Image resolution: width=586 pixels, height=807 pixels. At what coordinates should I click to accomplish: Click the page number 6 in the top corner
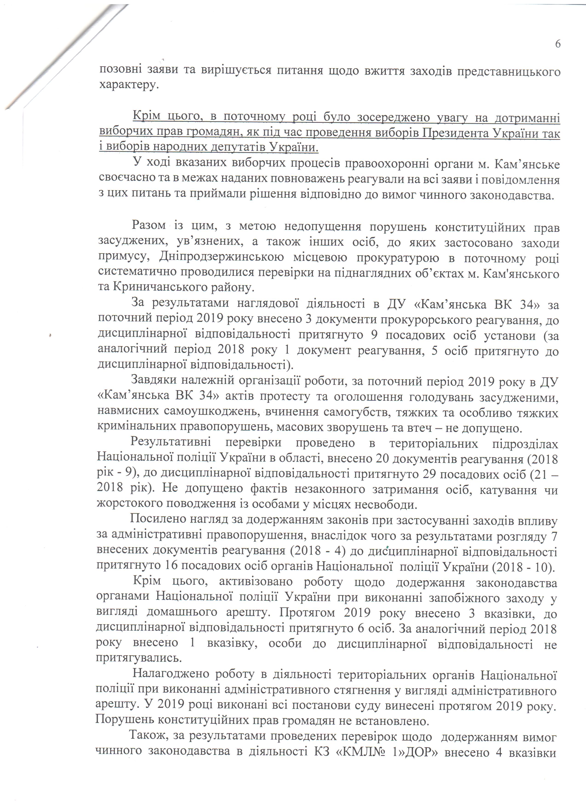point(557,44)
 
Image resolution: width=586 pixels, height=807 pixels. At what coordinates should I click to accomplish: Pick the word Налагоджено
point(169,674)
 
